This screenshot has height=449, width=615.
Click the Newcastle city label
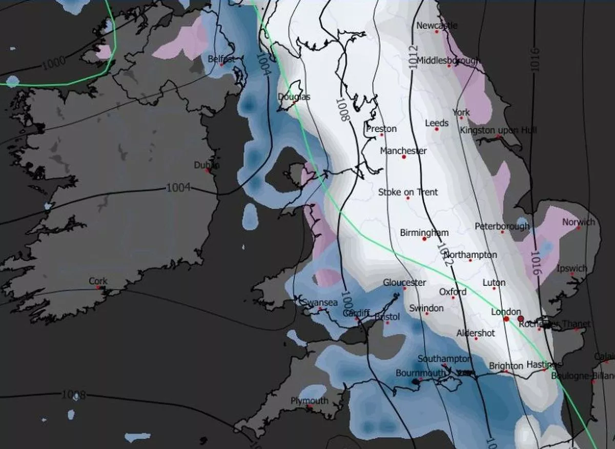(437, 26)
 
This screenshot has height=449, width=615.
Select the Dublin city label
(207, 165)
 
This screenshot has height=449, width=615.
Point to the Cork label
(98, 281)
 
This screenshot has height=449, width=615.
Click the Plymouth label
(309, 401)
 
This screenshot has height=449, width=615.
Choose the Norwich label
(579, 222)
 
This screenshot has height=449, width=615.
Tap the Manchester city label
(403, 151)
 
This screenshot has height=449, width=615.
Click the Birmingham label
(424, 232)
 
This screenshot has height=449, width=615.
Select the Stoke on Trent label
(408, 192)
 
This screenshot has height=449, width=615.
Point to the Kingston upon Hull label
(498, 131)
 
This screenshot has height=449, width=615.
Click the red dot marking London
(506, 319)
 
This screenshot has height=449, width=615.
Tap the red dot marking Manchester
(404, 157)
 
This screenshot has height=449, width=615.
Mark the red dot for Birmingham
(424, 239)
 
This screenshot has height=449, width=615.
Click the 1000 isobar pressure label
(53, 63)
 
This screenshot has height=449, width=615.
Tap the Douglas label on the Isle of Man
(294, 96)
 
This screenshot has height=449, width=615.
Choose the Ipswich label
(571, 268)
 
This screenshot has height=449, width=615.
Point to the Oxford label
(453, 292)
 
